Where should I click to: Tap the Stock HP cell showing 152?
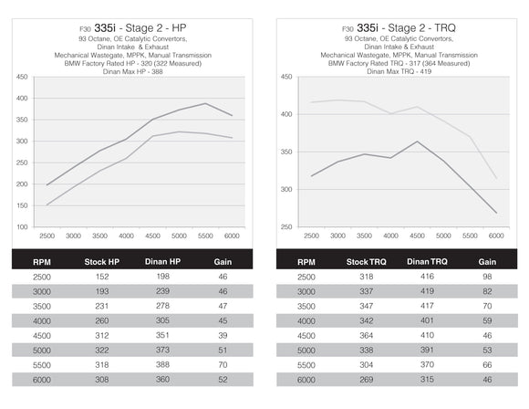pyautogui.click(x=102, y=276)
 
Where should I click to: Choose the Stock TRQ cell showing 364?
pyautogui.click(x=367, y=335)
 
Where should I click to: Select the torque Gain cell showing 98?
pyautogui.click(x=487, y=276)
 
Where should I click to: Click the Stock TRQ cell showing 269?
pyautogui.click(x=367, y=379)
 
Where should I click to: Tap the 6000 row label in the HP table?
pyautogui.click(x=43, y=379)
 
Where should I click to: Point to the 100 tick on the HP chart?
pyautogui.click(x=21, y=226)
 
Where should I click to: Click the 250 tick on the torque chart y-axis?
pyautogui.click(x=285, y=226)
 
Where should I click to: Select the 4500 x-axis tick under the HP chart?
pyautogui.click(x=152, y=235)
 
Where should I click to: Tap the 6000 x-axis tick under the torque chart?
pyautogui.click(x=495, y=235)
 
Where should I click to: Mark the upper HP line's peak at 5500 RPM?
pyautogui.click(x=205, y=103)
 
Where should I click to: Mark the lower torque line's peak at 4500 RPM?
pyautogui.click(x=417, y=142)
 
